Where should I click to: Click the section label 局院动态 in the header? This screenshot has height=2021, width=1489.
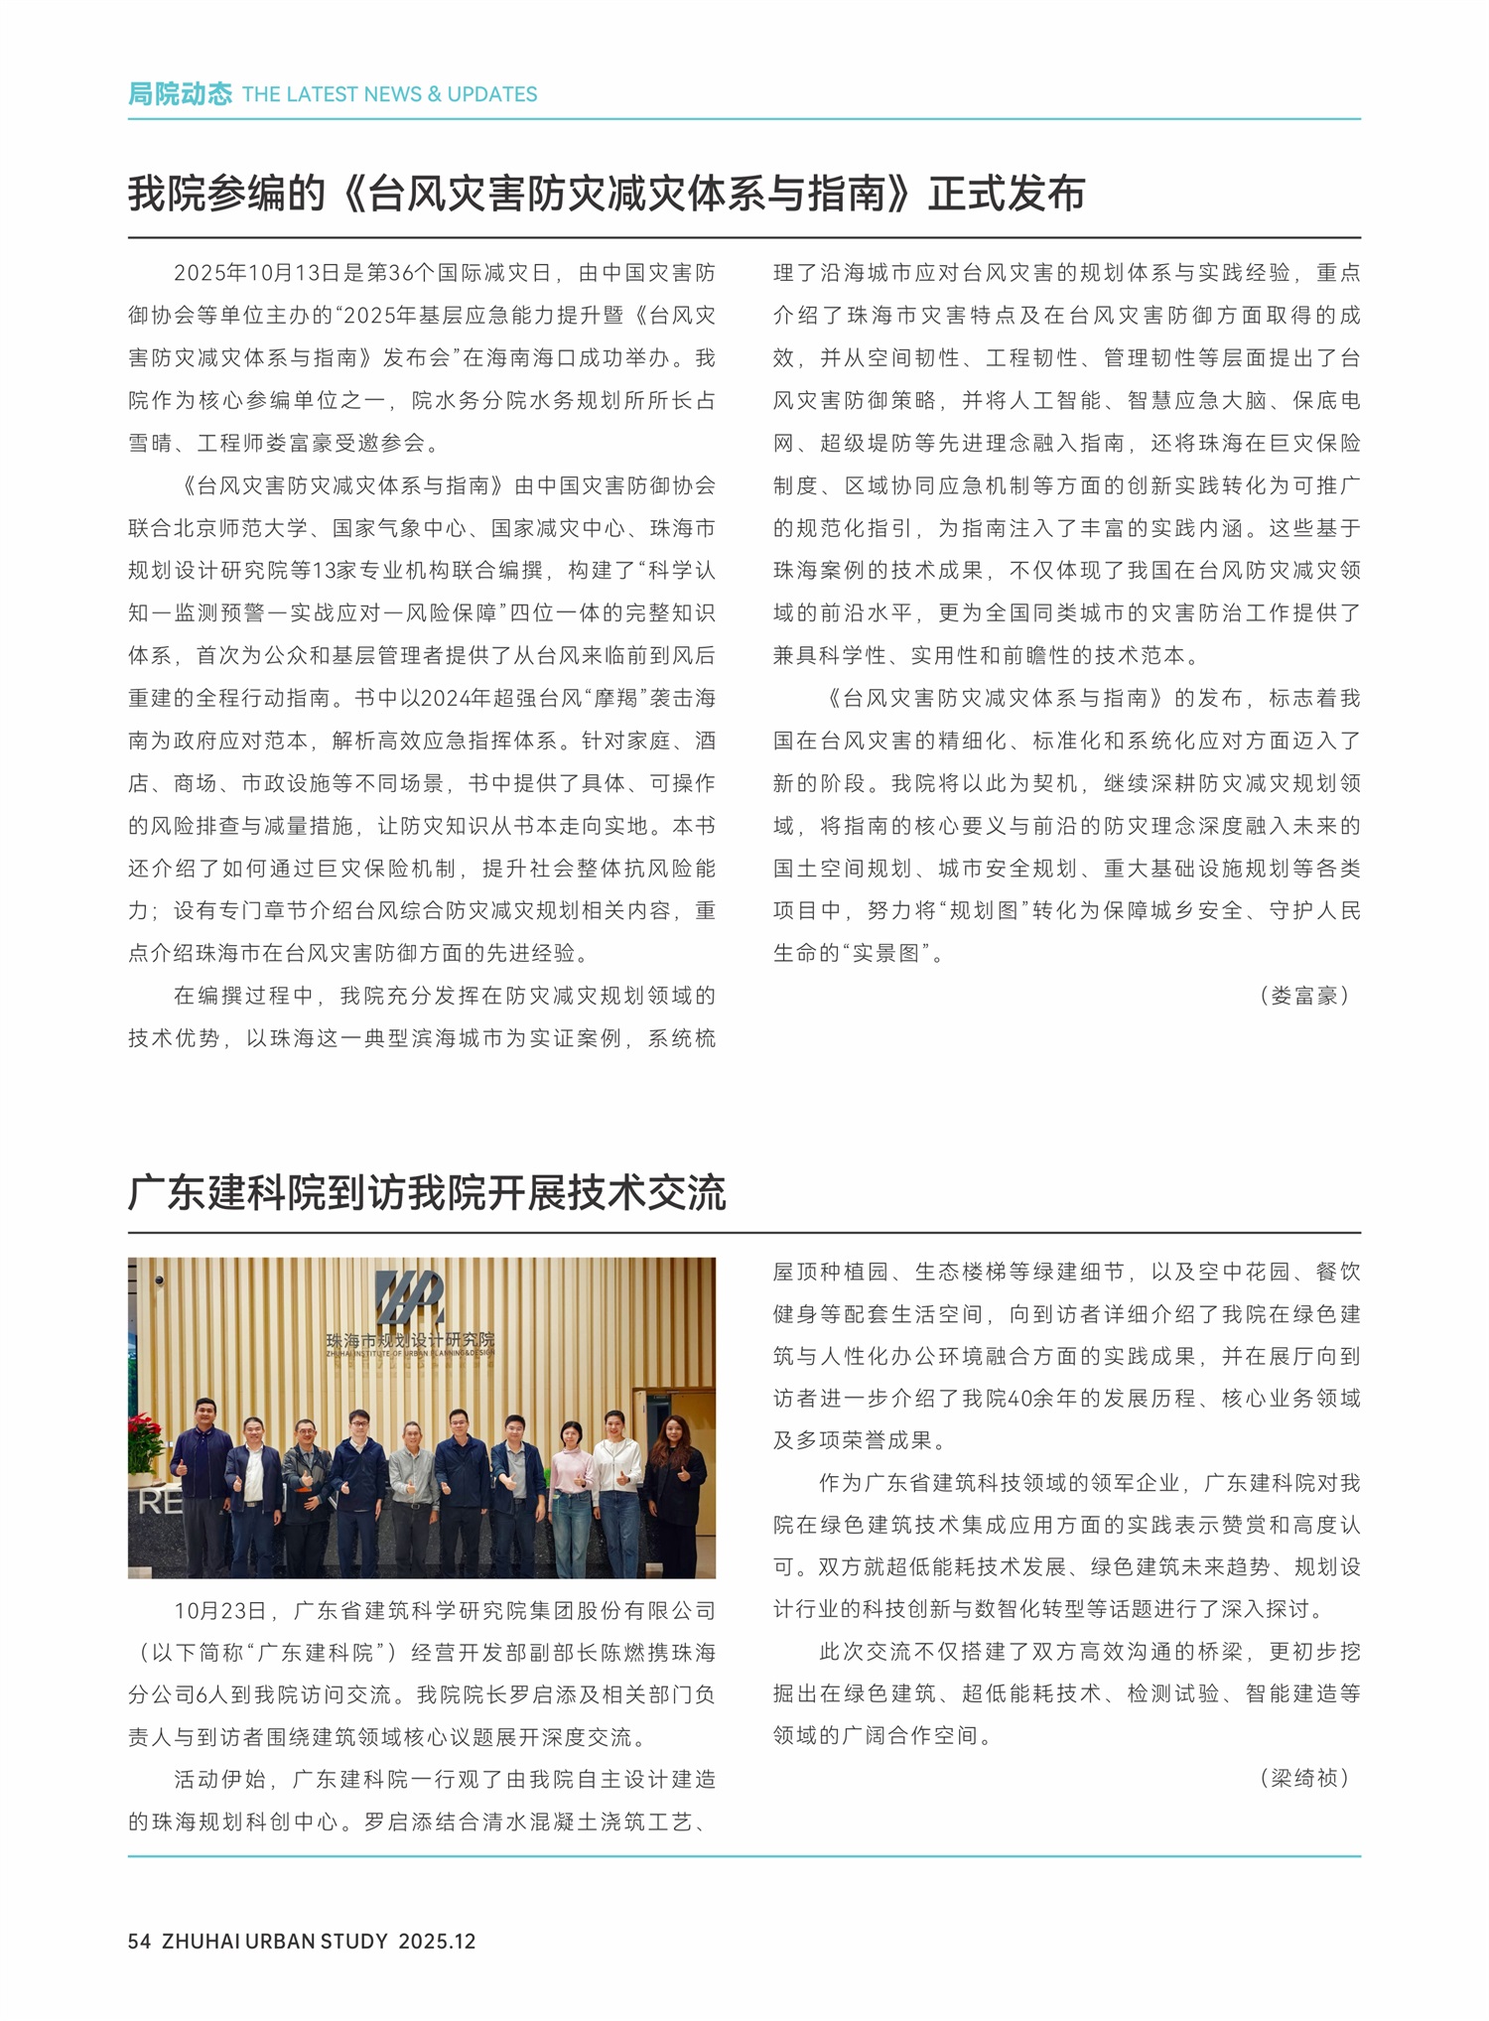(x=179, y=94)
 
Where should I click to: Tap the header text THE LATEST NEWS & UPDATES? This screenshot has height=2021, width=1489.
(x=389, y=94)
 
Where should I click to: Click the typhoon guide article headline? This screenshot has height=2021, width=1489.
(x=606, y=194)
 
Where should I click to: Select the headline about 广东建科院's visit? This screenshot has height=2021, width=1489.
(x=427, y=1192)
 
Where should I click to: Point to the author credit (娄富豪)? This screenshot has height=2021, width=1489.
(x=1303, y=996)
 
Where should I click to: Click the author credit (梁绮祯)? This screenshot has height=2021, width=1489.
(x=1303, y=1778)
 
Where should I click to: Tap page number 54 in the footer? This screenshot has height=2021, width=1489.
(x=139, y=1941)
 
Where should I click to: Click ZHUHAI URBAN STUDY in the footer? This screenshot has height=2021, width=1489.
(x=275, y=1941)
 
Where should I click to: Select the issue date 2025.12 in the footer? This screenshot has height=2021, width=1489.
(x=437, y=1941)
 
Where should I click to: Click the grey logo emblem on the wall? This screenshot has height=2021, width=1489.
(x=408, y=1296)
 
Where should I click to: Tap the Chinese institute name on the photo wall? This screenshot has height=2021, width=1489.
(x=409, y=1340)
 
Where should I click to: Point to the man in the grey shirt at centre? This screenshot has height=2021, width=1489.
(x=412, y=1489)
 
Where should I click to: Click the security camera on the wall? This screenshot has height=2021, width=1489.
(x=159, y=1280)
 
